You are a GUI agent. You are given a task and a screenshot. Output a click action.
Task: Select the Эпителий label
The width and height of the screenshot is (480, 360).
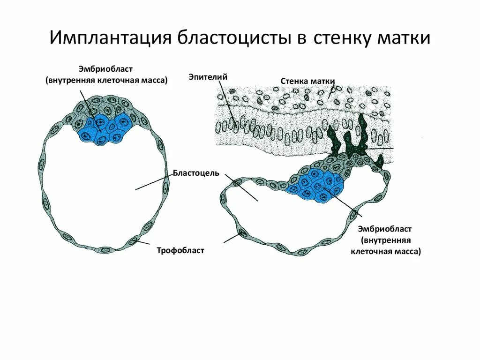[x=208, y=76]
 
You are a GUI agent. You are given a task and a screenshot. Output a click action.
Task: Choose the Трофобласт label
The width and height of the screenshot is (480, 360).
[x=180, y=251]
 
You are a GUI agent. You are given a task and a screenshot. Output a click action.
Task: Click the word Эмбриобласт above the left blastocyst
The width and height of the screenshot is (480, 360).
[x=106, y=70]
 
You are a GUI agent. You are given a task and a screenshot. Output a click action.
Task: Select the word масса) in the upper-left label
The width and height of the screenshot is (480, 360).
[x=154, y=80]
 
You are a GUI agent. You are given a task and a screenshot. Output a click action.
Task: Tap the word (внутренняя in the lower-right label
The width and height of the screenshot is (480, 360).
[x=385, y=240]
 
